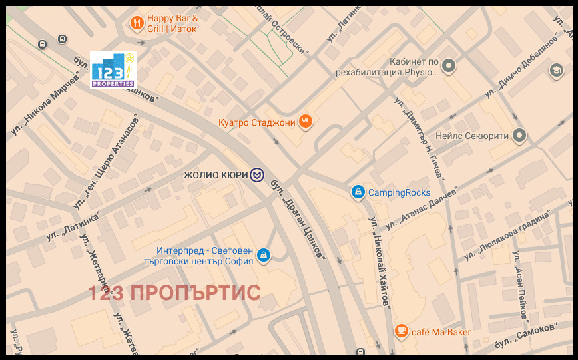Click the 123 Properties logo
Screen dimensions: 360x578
(x=113, y=70)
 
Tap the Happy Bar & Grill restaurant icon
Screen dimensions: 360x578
(x=137, y=23)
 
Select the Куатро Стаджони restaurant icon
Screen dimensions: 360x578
(x=306, y=121)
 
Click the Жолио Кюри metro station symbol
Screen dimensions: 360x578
(x=257, y=175)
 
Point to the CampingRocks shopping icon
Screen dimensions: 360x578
(x=358, y=192)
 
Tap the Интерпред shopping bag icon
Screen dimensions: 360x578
(x=264, y=255)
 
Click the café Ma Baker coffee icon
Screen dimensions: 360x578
(x=401, y=331)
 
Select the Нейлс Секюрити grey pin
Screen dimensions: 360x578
(x=520, y=136)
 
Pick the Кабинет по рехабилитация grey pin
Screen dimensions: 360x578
(x=449, y=65)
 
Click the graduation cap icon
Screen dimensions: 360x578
(x=556, y=70)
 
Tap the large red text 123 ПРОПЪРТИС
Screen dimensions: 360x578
(x=174, y=293)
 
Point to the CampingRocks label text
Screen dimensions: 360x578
(x=400, y=192)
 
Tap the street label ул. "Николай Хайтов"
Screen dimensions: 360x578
(x=380, y=262)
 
